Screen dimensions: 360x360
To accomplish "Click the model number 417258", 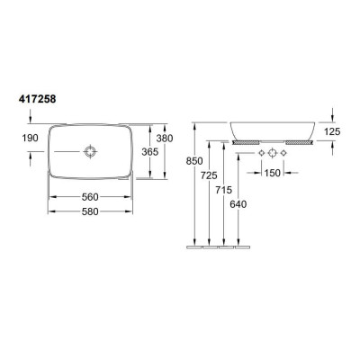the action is coord(37,99).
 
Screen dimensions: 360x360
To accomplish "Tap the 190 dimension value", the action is coord(31,138).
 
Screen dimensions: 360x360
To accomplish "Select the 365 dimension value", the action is coord(150,152).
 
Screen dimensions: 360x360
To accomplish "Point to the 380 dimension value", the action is coord(165,139).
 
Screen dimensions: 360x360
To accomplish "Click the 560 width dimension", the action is coord(90,197).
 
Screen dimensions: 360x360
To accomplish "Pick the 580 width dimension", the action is coord(90,211).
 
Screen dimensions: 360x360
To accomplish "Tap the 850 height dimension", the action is coord(194,161).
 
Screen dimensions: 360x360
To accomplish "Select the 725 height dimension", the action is coord(209,175).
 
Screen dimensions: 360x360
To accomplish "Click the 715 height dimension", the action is coord(223,190).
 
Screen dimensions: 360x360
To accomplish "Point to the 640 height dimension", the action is coord(238,204).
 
